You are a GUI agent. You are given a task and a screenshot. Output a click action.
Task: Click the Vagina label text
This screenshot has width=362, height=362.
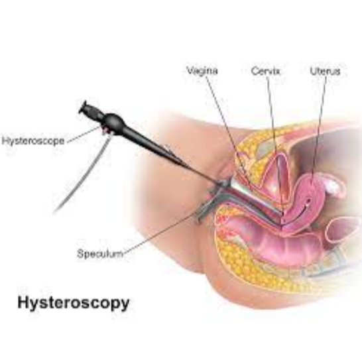point(202,71)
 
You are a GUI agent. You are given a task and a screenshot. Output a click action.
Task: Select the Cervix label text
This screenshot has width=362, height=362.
point(266,71)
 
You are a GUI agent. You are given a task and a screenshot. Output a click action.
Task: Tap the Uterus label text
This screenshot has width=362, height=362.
point(325,71)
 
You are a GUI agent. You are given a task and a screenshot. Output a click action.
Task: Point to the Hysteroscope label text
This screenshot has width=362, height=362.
point(33,141)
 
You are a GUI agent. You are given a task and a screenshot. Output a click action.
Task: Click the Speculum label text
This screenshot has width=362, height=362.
point(100,254)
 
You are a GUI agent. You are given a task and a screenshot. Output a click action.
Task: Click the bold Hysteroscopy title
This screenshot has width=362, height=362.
point(74,303)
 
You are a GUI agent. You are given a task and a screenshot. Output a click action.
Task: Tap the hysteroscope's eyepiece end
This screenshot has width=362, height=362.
point(83,107)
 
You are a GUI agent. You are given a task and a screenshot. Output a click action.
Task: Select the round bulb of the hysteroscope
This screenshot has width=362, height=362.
point(113,122)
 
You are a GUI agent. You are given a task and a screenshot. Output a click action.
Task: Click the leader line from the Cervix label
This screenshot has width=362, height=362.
point(274,139)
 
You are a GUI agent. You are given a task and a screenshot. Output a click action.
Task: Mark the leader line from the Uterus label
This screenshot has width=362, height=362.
point(320,129)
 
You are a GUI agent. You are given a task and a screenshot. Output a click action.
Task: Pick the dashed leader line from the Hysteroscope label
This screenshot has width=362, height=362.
point(84,135)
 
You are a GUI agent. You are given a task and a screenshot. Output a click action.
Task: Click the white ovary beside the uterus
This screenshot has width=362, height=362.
point(332,186)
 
